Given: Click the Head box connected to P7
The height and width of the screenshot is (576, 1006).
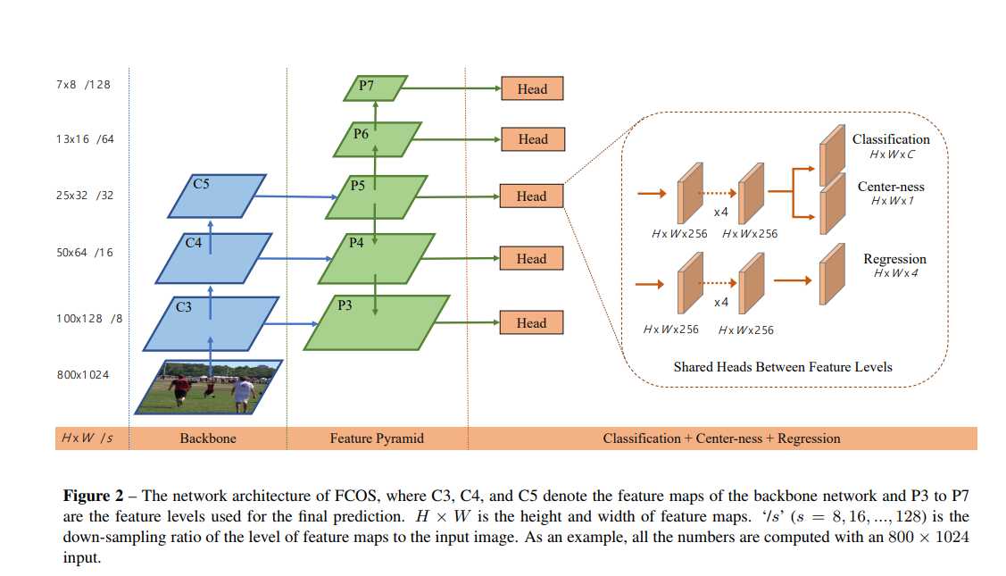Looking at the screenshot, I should pyautogui.click(x=531, y=88).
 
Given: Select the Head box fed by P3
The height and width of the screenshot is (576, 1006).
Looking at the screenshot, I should pyautogui.click(x=531, y=322).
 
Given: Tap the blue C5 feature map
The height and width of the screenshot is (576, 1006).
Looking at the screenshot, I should pyautogui.click(x=216, y=196).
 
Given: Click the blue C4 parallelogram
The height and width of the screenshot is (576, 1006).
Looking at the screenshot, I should pyautogui.click(x=213, y=258).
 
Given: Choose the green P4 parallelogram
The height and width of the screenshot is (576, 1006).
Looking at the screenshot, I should pyautogui.click(x=376, y=258).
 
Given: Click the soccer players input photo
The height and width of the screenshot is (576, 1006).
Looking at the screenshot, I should pyautogui.click(x=209, y=387).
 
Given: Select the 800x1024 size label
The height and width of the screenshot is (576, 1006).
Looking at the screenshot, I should pyautogui.click(x=83, y=375).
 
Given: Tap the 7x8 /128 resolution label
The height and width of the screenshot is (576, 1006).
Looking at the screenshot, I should pyautogui.click(x=83, y=85).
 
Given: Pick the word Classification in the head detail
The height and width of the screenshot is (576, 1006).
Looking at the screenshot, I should pyautogui.click(x=890, y=139).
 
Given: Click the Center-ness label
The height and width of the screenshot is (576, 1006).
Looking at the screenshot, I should pyautogui.click(x=890, y=187).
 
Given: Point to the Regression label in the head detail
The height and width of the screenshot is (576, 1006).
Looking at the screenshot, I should pyautogui.click(x=894, y=259).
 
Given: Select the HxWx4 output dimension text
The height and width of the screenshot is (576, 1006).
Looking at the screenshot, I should pyautogui.click(x=895, y=272).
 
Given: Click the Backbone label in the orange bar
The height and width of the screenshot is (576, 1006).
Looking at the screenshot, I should pyautogui.click(x=208, y=438).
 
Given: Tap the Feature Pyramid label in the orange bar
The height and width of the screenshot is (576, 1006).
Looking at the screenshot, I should pyautogui.click(x=377, y=438).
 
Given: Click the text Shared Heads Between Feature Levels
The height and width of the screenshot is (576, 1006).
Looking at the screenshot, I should pyautogui.click(x=782, y=366).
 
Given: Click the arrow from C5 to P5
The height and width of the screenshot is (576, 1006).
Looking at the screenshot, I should pyautogui.click(x=295, y=197).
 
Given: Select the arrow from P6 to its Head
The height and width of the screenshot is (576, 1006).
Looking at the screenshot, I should pyautogui.click(x=460, y=139).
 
